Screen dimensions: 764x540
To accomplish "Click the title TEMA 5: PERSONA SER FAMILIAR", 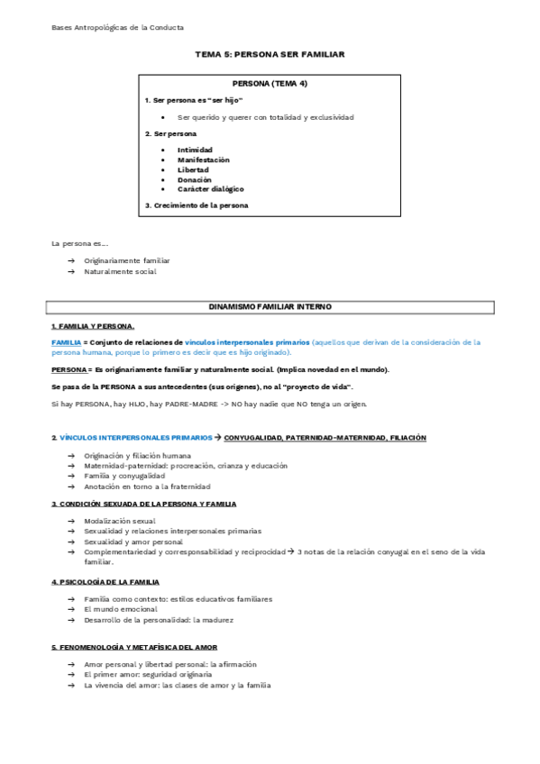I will [270, 54].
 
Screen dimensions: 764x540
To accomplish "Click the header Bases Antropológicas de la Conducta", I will [117, 28].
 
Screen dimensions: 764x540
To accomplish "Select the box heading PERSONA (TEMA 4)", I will [270, 83].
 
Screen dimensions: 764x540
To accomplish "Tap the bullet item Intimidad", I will [197, 150].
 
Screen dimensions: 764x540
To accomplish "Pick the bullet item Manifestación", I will [203, 160].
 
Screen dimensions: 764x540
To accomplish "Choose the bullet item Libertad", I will [193, 169].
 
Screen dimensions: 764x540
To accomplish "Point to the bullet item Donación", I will [195, 179].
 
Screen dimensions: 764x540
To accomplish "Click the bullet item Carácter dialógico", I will [210, 189].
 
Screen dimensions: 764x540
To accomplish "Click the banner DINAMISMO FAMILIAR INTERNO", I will [270, 307].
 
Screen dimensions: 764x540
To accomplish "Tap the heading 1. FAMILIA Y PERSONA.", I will [93, 325].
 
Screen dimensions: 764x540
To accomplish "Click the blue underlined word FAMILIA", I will [67, 342].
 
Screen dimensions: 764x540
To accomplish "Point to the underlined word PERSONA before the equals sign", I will [69, 369].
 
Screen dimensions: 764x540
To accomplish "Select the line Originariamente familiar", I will [127, 260].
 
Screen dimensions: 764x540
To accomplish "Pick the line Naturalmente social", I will [120, 271].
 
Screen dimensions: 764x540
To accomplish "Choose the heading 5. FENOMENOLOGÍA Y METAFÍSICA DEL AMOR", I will [133, 647].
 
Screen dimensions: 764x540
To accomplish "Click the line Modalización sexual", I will [119, 521].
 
